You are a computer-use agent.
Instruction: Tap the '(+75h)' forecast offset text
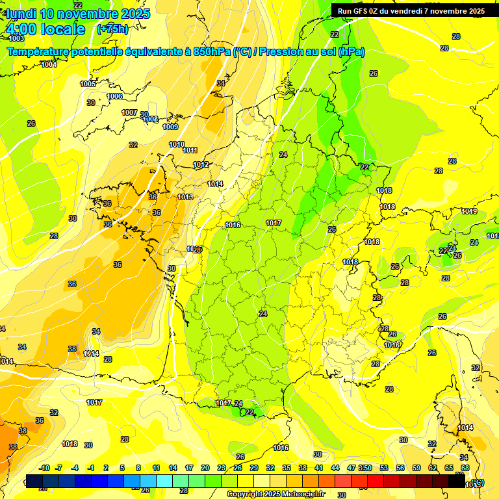pyautogui.click(x=112, y=29)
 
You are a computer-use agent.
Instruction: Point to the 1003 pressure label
pyautogui.click(x=16, y=39)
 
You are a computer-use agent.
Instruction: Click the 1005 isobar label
pyautogui.click(x=88, y=84)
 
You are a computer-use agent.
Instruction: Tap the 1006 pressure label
pyautogui.click(x=114, y=96)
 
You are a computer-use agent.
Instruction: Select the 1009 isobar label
pyautogui.click(x=170, y=127)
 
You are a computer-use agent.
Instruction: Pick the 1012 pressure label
pyautogui.click(x=201, y=164)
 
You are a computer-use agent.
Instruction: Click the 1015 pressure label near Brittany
pyautogui.click(x=185, y=197)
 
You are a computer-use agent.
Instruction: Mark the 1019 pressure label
pyautogui.click(x=469, y=211)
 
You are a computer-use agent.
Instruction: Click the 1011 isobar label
pyautogui.click(x=190, y=150)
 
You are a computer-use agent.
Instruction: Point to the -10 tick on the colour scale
pyautogui.click(x=44, y=468)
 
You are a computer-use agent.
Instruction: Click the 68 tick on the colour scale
pyautogui.click(x=465, y=468)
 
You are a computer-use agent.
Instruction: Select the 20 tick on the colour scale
pyautogui.click(x=205, y=468)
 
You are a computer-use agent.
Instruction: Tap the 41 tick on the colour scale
pyautogui.click(x=319, y=468)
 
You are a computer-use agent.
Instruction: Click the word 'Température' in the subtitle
pyautogui.click(x=39, y=52)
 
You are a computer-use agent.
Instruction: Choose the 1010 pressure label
pyautogui.click(x=176, y=144)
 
